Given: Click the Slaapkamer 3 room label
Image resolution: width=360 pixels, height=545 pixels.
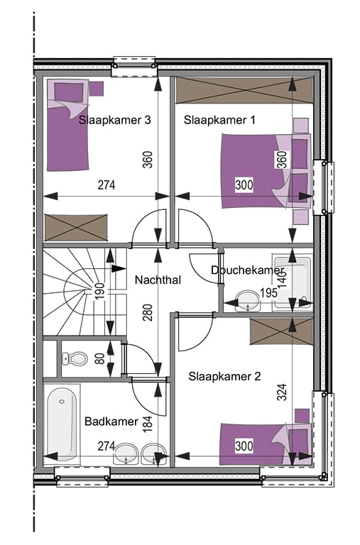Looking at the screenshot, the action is (x=114, y=120).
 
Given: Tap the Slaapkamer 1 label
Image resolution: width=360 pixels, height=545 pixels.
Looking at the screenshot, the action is (x=219, y=120).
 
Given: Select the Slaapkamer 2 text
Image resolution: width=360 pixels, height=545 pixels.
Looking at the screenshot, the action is (x=224, y=376).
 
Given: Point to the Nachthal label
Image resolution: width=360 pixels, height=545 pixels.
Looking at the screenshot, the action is (x=158, y=280).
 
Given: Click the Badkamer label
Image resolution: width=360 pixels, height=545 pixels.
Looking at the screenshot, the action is (x=111, y=422).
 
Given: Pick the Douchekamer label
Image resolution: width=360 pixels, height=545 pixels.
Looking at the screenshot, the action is (x=247, y=270).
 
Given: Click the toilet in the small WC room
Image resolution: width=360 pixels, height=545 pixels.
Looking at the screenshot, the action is (x=75, y=358).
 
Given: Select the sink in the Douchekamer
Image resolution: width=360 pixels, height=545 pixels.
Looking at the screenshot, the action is (x=248, y=301).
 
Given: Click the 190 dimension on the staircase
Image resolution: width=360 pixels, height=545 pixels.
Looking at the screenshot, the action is (x=100, y=291).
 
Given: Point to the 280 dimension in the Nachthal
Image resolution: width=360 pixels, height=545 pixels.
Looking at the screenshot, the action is (x=148, y=312).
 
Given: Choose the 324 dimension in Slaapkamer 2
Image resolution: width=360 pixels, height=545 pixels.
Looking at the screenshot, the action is (x=282, y=392).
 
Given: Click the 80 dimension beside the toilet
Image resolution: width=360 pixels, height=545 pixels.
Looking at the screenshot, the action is (x=100, y=358).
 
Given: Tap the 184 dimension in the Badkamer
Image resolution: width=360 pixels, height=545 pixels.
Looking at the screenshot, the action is (x=148, y=424).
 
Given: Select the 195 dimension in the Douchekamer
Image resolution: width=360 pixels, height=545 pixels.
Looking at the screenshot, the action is (x=269, y=292).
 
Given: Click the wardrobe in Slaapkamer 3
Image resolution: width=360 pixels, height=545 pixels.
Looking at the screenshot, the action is (x=76, y=227).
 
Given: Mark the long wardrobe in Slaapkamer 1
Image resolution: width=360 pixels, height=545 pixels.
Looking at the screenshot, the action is (x=244, y=90).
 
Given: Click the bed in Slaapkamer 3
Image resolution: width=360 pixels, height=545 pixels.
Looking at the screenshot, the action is (x=67, y=125).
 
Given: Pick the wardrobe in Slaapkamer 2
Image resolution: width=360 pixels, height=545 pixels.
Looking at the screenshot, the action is (x=281, y=331).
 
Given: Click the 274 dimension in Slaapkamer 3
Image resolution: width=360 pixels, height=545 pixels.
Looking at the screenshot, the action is (x=107, y=185).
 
